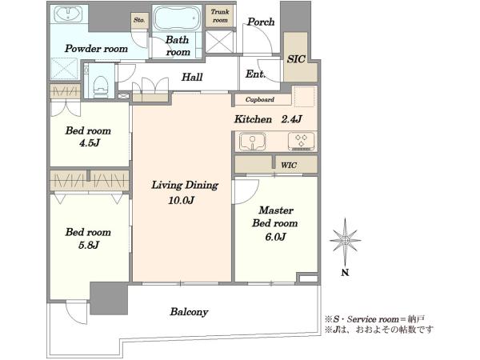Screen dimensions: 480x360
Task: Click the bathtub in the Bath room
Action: click(178, 18)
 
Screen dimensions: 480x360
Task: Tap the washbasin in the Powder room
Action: click(68, 14)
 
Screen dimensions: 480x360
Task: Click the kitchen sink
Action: click(252, 142)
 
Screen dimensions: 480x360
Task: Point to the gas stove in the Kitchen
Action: click(302, 142)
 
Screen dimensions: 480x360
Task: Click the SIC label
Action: click(296, 58)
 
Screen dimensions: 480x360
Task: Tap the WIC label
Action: click(289, 166)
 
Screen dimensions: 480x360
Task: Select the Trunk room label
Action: click(220, 16)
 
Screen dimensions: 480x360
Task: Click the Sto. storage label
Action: click(139, 20)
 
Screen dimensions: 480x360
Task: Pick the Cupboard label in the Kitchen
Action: click(259, 99)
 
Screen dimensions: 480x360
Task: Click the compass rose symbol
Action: click(346, 241)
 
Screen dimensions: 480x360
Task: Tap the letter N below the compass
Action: click(345, 273)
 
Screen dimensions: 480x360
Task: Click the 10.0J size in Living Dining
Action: click(181, 201)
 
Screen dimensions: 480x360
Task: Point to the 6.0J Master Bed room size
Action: click(275, 237)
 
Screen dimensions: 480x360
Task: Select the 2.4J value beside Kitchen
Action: click(291, 119)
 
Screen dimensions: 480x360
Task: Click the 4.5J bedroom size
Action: click(90, 143)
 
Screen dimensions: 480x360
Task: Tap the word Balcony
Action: click(189, 312)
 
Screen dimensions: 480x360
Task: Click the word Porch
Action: click(261, 22)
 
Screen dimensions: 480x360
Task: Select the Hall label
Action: click(192, 77)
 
